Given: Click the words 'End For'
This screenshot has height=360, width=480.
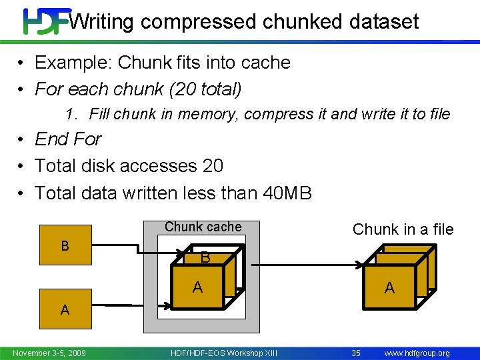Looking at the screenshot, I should click(x=68, y=139).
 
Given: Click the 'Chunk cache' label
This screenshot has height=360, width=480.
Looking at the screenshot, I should click(x=203, y=227).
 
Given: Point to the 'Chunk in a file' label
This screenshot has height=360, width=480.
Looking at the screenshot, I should click(x=403, y=229).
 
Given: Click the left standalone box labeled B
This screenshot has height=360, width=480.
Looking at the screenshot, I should click(x=65, y=246).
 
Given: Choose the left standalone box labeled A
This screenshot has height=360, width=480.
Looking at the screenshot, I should click(x=65, y=309).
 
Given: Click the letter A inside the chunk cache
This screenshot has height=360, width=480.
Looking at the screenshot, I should click(x=197, y=287).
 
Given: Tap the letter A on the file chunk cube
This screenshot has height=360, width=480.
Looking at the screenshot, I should click(x=389, y=287).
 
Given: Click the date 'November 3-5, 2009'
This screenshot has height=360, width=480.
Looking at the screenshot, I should click(x=49, y=353).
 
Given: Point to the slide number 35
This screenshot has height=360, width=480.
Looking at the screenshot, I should click(x=356, y=353).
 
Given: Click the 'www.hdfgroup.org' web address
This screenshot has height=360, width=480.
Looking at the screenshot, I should click(x=417, y=353).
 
